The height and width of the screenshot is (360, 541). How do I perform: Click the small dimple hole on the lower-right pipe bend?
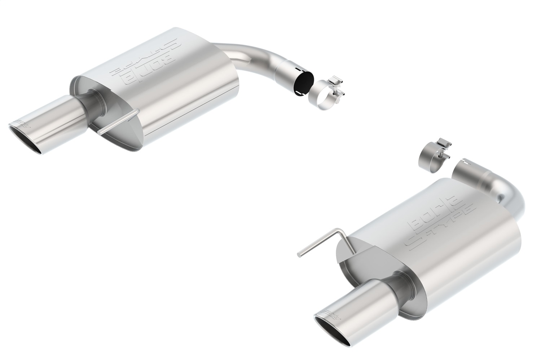pyautogui.click(x=500, y=198)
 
